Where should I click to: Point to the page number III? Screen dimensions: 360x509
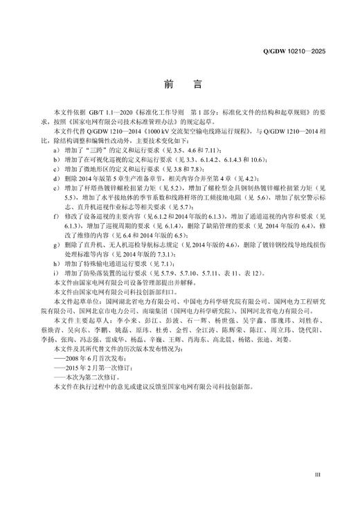317,475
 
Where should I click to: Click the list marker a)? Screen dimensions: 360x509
57,150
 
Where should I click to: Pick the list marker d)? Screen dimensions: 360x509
57,178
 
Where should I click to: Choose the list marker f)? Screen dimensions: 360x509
57,217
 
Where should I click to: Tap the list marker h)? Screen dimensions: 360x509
57,264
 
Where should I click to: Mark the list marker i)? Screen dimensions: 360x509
57,274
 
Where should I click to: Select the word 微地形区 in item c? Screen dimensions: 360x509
98,168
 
